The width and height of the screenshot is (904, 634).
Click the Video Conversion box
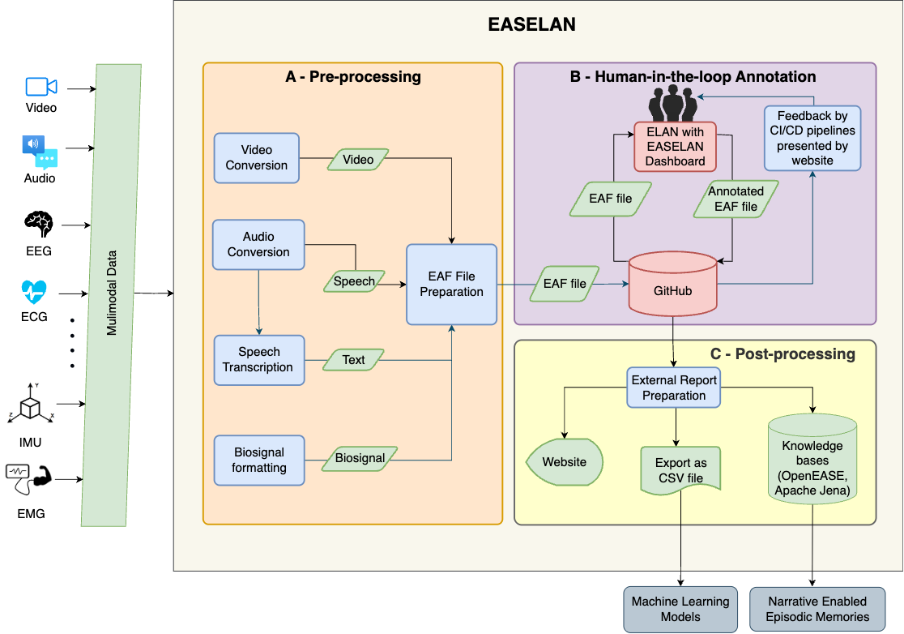tap(257, 157)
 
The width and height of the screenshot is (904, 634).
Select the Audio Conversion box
tap(258, 245)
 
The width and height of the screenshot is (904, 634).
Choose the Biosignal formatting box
tap(259, 460)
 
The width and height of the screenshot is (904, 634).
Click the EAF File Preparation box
tap(451, 285)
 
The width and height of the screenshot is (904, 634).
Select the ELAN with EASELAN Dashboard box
tap(675, 146)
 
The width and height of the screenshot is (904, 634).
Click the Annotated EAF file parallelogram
tap(736, 199)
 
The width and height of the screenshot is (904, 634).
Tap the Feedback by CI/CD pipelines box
tap(812, 137)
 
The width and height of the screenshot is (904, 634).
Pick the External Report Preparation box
tap(674, 388)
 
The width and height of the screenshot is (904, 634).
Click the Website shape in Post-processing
tap(565, 462)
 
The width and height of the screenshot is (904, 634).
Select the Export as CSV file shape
tap(680, 470)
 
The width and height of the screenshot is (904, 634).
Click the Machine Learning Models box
tap(680, 609)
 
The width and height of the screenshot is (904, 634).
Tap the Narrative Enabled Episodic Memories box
tap(817, 609)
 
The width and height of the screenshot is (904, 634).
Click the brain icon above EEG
tap(39, 223)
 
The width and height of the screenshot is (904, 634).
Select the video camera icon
tap(41, 87)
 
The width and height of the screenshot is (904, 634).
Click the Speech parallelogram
tap(354, 281)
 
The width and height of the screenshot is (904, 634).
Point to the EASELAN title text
tap(531, 24)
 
